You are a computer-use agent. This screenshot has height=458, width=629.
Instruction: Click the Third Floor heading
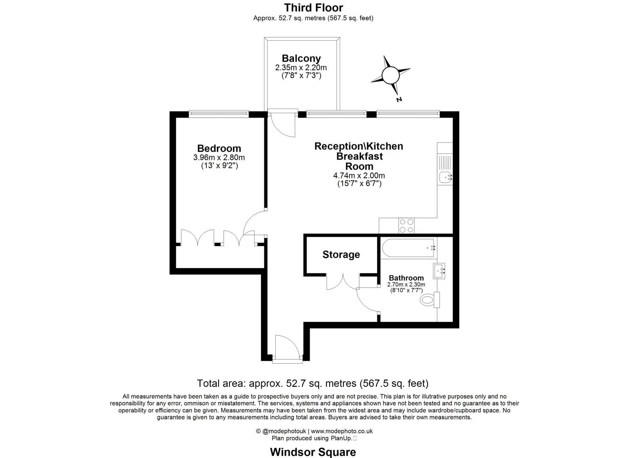coord(313,8)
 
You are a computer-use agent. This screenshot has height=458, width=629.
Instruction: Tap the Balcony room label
coord(301,59)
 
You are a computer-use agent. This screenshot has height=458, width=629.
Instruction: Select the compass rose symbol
coord(390,75)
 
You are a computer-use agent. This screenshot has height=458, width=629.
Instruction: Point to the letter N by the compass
coord(399,100)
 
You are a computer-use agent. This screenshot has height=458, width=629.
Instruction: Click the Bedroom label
coord(219,148)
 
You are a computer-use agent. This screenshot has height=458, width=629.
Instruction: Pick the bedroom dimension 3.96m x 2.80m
coord(219,157)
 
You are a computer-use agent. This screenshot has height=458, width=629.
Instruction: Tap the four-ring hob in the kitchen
coord(407,226)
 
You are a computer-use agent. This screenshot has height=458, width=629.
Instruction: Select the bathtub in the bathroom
coord(407,248)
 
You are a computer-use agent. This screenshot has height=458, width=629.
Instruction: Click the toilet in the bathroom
coord(429,300)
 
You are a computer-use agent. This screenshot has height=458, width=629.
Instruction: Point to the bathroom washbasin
coord(439,270)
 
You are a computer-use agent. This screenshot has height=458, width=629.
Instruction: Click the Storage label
coord(341,254)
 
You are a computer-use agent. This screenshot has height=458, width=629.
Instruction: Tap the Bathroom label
coord(406,278)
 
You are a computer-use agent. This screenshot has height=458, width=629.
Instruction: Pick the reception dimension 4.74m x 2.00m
coord(359,176)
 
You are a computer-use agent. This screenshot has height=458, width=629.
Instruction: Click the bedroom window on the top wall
coord(219,114)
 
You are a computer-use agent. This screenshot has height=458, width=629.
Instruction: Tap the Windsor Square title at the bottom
coord(313,452)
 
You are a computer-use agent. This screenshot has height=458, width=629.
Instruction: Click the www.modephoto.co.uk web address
coord(342,431)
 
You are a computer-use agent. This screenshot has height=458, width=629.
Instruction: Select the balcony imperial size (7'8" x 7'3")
coord(301,76)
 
